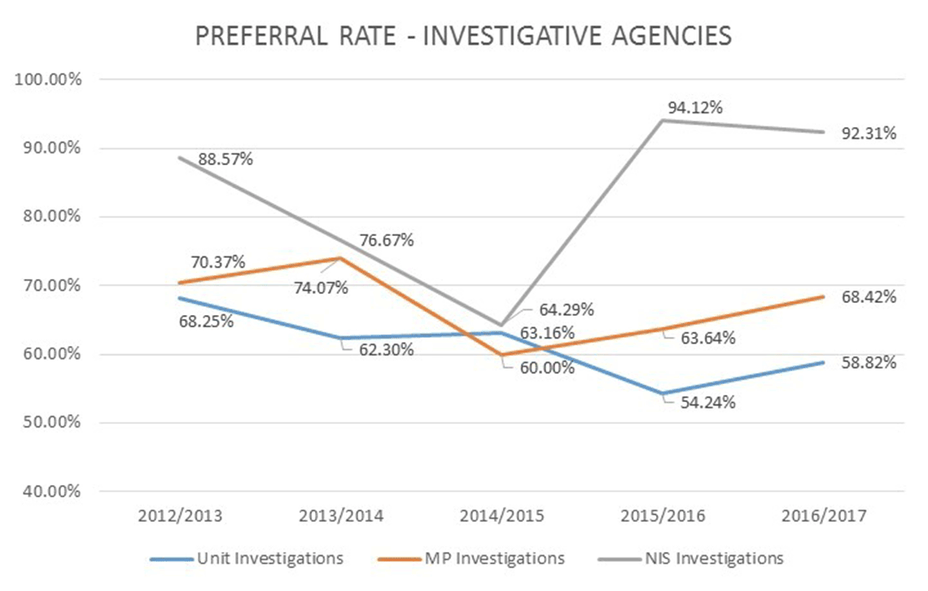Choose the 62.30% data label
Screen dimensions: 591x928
(x=386, y=350)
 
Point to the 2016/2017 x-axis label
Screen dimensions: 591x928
(x=823, y=516)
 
